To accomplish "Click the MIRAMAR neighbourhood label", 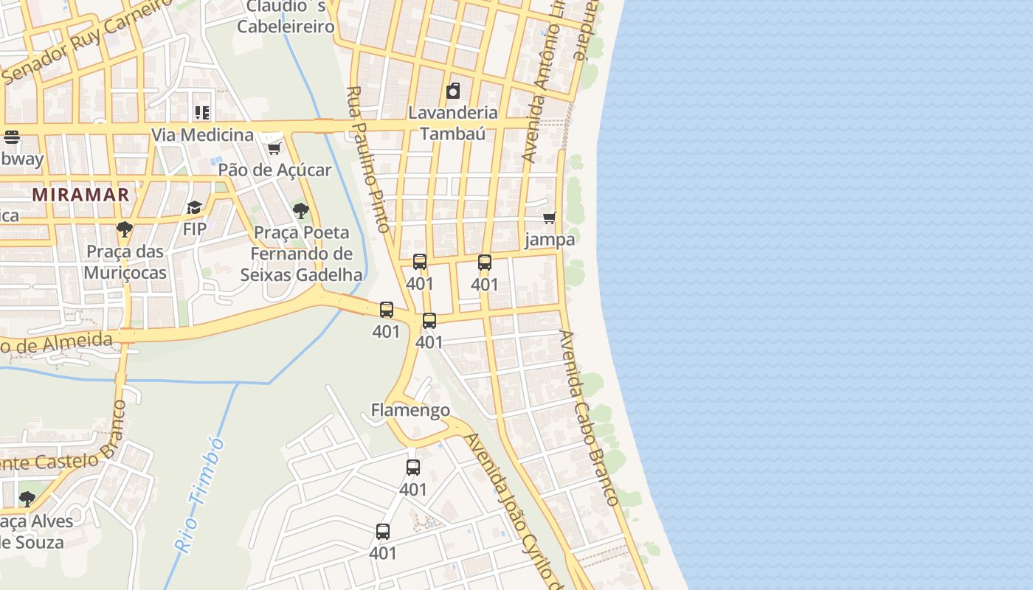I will pyautogui.click(x=81, y=195).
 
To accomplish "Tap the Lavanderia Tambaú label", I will pyautogui.click(x=453, y=123).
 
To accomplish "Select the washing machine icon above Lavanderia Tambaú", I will pyautogui.click(x=453, y=91).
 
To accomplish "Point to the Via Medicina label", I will pyautogui.click(x=202, y=135).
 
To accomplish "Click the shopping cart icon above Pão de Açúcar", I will pyautogui.click(x=274, y=148).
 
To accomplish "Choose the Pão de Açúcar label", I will pyautogui.click(x=274, y=170).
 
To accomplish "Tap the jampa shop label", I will pyautogui.click(x=550, y=240).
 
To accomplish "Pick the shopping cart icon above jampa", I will pyautogui.click(x=549, y=218).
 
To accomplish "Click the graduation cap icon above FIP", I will pyautogui.click(x=195, y=208).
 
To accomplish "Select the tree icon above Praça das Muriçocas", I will pyautogui.click(x=125, y=229).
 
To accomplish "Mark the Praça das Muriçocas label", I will pyautogui.click(x=125, y=262).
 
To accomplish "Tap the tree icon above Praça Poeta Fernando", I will pyautogui.click(x=300, y=211).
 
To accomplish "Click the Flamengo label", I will pyautogui.click(x=410, y=410).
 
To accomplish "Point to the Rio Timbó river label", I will pyautogui.click(x=199, y=494).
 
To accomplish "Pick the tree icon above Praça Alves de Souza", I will pyautogui.click(x=27, y=499).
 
